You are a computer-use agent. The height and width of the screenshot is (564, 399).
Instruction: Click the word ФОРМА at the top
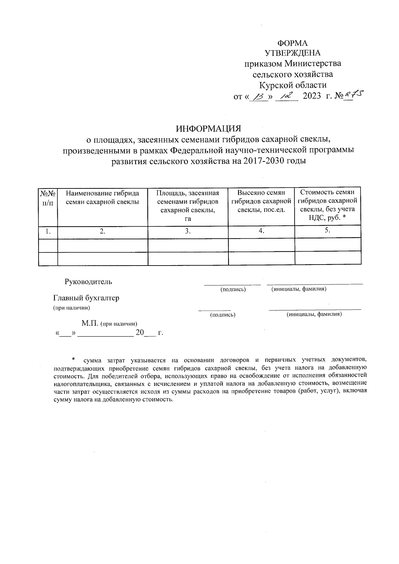tap(293, 43)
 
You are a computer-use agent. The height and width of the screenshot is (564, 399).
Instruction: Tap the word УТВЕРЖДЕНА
tap(293, 53)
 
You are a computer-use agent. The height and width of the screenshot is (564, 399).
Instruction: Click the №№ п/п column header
tap(48, 198)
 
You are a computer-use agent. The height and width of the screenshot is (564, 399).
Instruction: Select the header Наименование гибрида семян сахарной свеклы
tap(102, 197)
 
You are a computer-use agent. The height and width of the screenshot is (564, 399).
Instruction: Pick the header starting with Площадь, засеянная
tap(188, 206)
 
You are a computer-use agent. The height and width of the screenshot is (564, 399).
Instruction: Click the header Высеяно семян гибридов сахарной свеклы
tap(261, 201)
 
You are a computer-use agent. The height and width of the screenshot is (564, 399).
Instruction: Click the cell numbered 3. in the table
tap(188, 232)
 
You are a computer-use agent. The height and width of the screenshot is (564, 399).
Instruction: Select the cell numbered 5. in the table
tap(328, 231)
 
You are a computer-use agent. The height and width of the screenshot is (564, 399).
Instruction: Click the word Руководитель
tap(88, 282)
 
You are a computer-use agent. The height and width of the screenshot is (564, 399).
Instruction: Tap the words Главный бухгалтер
tap(86, 298)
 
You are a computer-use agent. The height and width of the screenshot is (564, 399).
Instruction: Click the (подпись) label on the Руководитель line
tap(233, 289)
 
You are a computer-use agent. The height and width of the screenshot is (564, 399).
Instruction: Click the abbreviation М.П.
tap(90, 323)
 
